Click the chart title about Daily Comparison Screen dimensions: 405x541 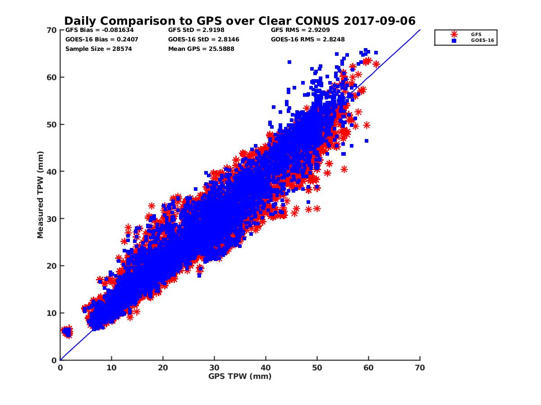click(x=239, y=21)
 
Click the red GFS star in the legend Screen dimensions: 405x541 click(x=454, y=34)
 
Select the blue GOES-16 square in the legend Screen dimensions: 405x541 click(x=454, y=40)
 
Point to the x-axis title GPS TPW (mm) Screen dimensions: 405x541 click(x=240, y=376)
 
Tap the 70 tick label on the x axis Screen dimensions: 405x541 click(x=420, y=368)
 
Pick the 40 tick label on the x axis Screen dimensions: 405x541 click(x=266, y=368)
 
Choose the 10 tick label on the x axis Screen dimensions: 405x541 click(x=111, y=368)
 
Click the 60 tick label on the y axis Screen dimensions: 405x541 click(x=52, y=77)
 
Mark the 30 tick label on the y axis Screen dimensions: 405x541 click(x=52, y=219)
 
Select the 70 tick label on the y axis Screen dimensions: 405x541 click(x=52, y=30)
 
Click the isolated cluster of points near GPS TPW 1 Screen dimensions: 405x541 click(x=67, y=332)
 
